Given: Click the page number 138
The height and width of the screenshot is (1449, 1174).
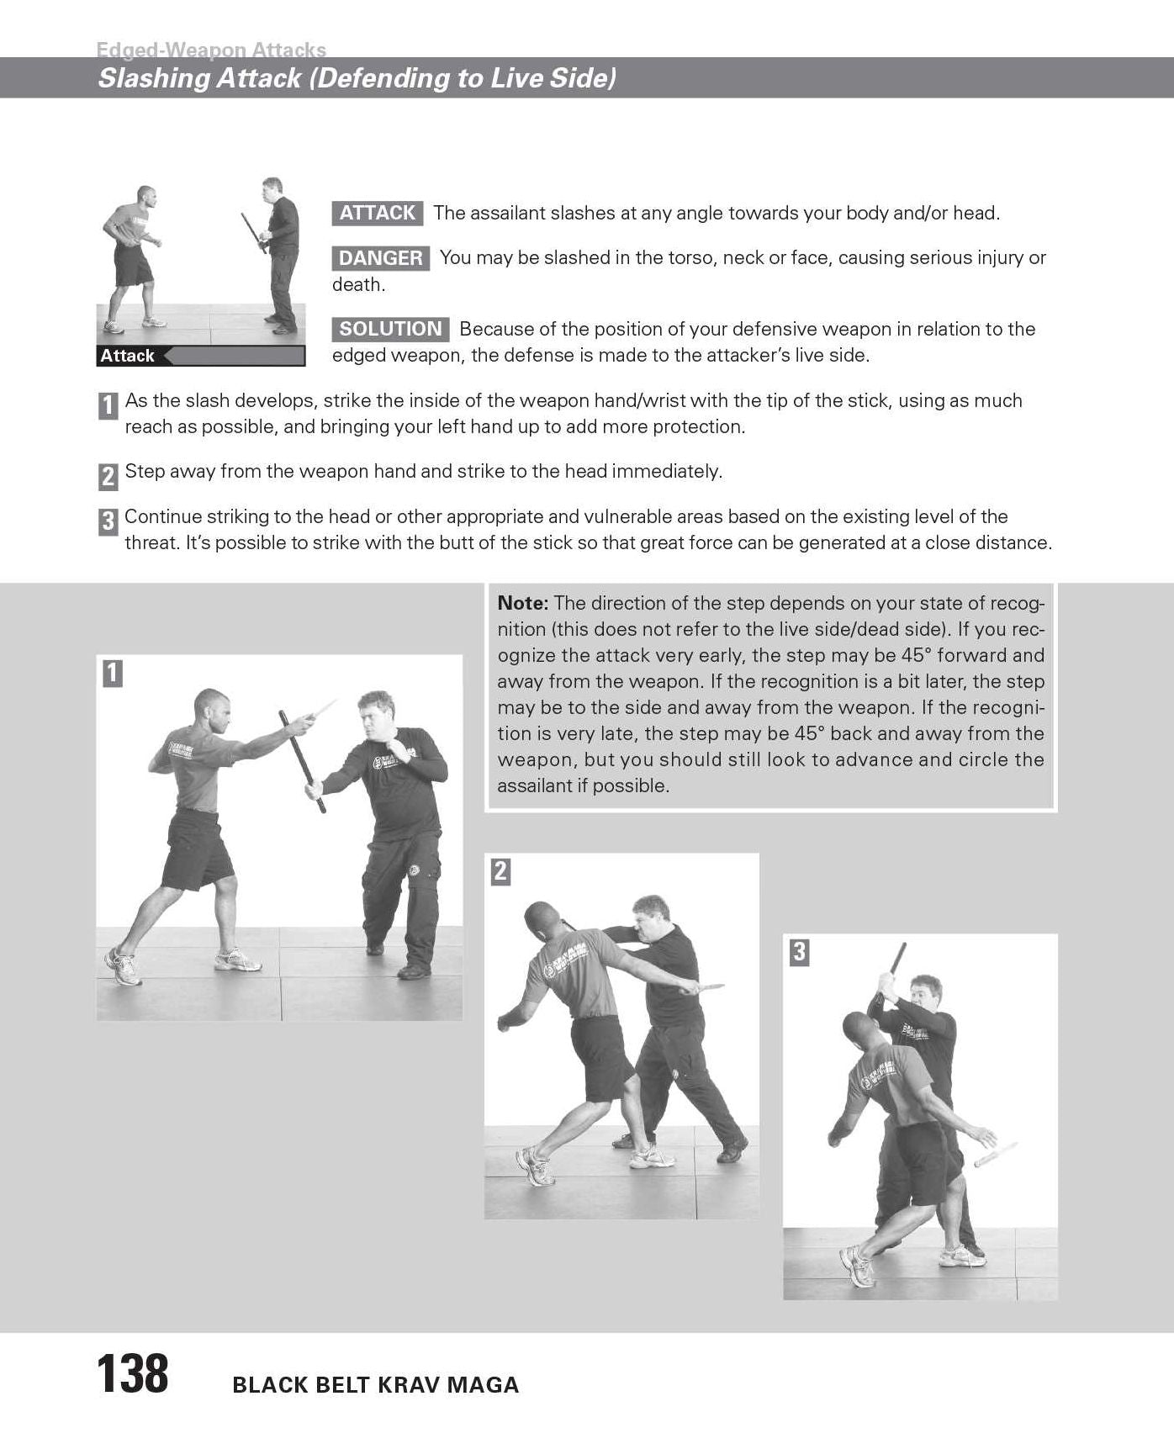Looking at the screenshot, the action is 133,1374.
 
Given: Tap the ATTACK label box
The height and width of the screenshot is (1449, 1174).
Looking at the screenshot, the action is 378,213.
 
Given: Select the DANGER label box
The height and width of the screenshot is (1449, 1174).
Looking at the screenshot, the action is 381,258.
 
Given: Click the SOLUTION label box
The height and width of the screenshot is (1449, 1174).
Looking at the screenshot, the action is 390,329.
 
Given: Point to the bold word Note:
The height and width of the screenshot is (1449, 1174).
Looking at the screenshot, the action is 523,603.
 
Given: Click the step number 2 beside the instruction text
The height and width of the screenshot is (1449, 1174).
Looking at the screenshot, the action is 108,476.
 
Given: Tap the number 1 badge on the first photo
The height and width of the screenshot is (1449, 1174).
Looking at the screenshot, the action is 113,673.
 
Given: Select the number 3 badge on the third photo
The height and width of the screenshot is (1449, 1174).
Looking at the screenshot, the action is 799,952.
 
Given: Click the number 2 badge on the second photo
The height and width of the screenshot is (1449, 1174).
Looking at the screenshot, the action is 500,871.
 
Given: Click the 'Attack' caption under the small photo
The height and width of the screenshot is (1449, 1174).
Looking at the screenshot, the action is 128,356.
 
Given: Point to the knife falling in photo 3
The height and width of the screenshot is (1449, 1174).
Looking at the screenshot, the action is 996,1154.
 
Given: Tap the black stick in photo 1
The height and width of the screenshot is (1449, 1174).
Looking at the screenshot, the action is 303,761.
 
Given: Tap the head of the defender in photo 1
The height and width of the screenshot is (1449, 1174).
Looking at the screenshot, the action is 377,712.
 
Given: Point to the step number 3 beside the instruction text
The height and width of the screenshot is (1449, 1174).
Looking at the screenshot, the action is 108,521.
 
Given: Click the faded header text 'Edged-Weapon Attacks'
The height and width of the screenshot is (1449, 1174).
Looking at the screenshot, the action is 211,50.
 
